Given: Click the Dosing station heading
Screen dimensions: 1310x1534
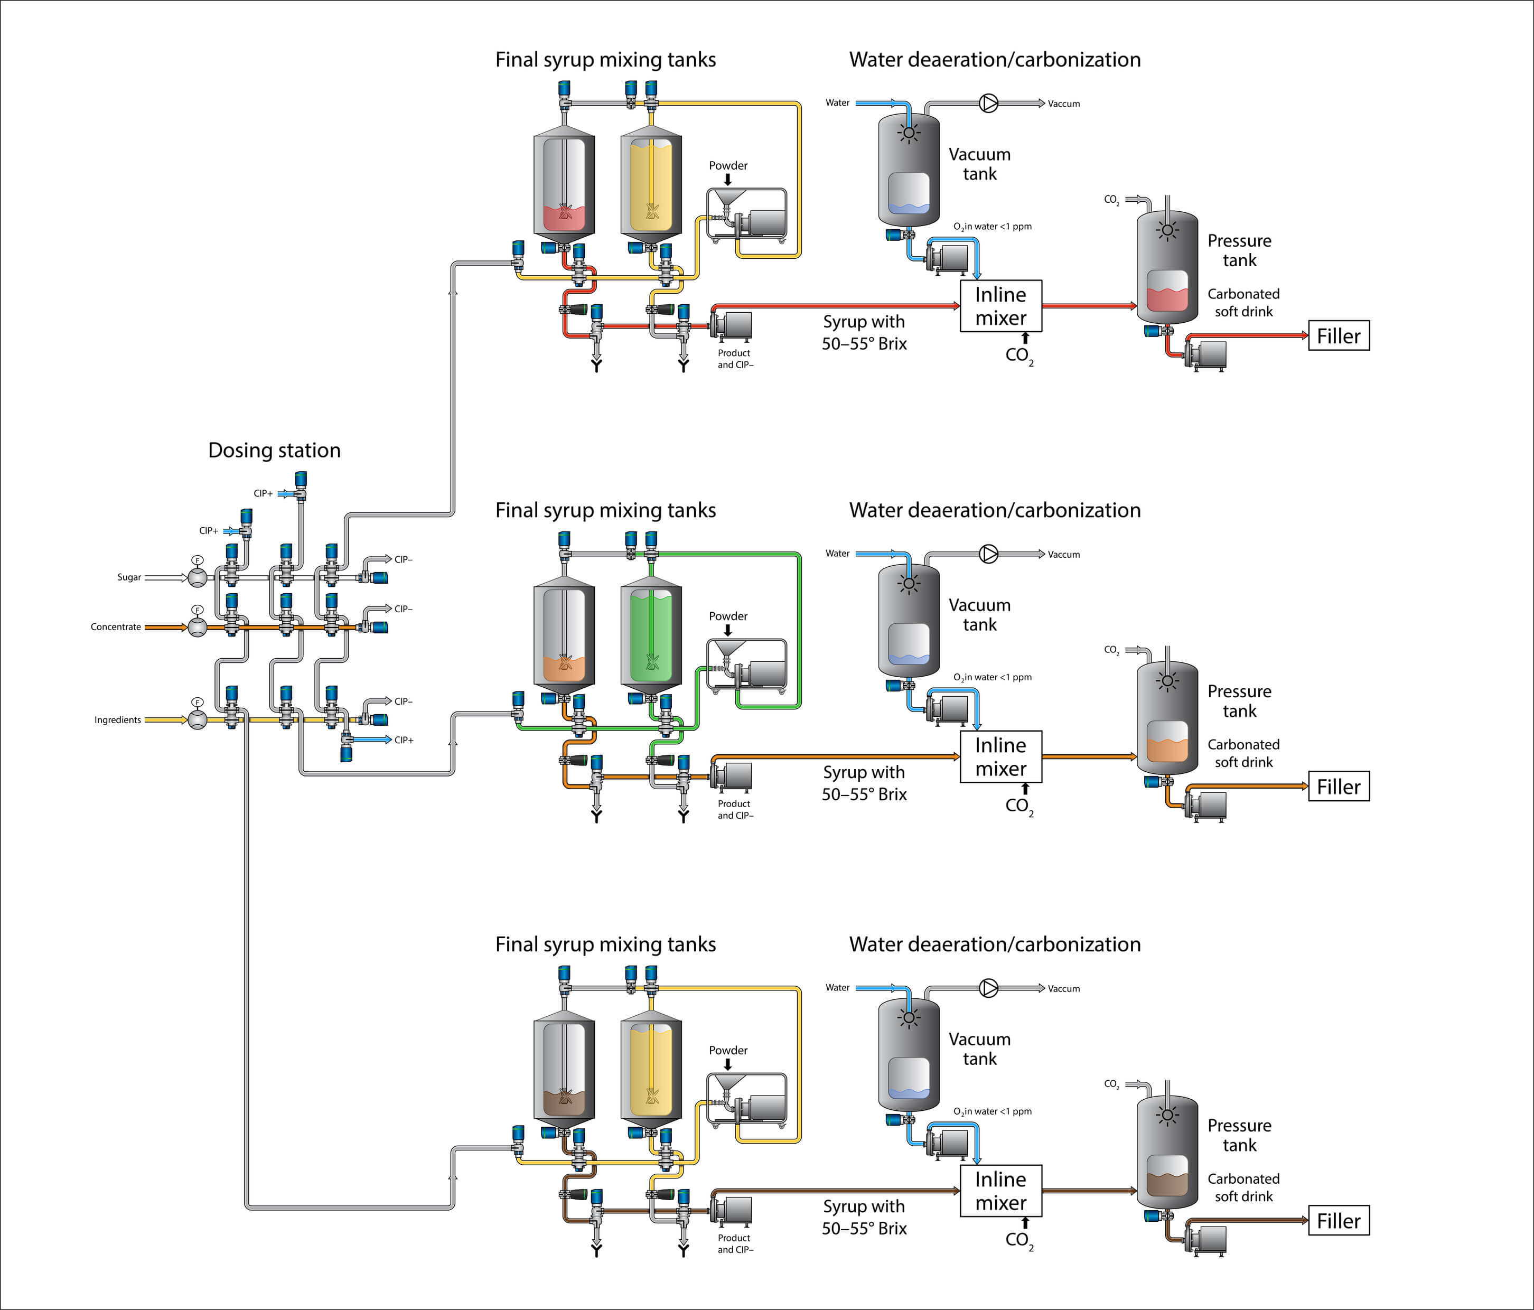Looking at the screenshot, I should [x=274, y=450].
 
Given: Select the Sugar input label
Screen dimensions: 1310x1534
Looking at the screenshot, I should [x=129, y=577].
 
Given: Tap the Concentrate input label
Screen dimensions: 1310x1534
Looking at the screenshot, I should [x=116, y=627].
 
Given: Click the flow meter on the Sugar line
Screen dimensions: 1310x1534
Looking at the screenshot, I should [x=197, y=577].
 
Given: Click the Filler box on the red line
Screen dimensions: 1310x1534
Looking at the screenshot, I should [x=1339, y=336].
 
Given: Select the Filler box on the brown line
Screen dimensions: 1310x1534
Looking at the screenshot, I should [x=1339, y=1220].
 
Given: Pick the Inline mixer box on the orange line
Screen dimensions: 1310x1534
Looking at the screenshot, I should [x=1000, y=757].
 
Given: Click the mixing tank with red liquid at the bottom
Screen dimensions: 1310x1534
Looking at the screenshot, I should [x=564, y=185].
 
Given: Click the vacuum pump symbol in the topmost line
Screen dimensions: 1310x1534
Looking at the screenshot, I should [x=988, y=104].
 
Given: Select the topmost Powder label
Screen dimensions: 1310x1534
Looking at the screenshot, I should [x=728, y=166].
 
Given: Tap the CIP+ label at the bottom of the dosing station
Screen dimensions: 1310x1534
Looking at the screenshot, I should [x=404, y=740].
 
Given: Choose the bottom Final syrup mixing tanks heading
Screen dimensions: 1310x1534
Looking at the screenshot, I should [x=605, y=944].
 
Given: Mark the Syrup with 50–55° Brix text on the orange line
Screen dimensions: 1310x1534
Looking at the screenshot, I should [x=864, y=783].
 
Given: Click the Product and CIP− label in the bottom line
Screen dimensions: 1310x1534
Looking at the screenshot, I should [x=734, y=1243].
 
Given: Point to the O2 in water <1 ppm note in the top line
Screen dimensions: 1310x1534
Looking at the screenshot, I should [x=992, y=227].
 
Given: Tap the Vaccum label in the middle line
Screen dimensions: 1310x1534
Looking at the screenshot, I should [x=1063, y=555].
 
